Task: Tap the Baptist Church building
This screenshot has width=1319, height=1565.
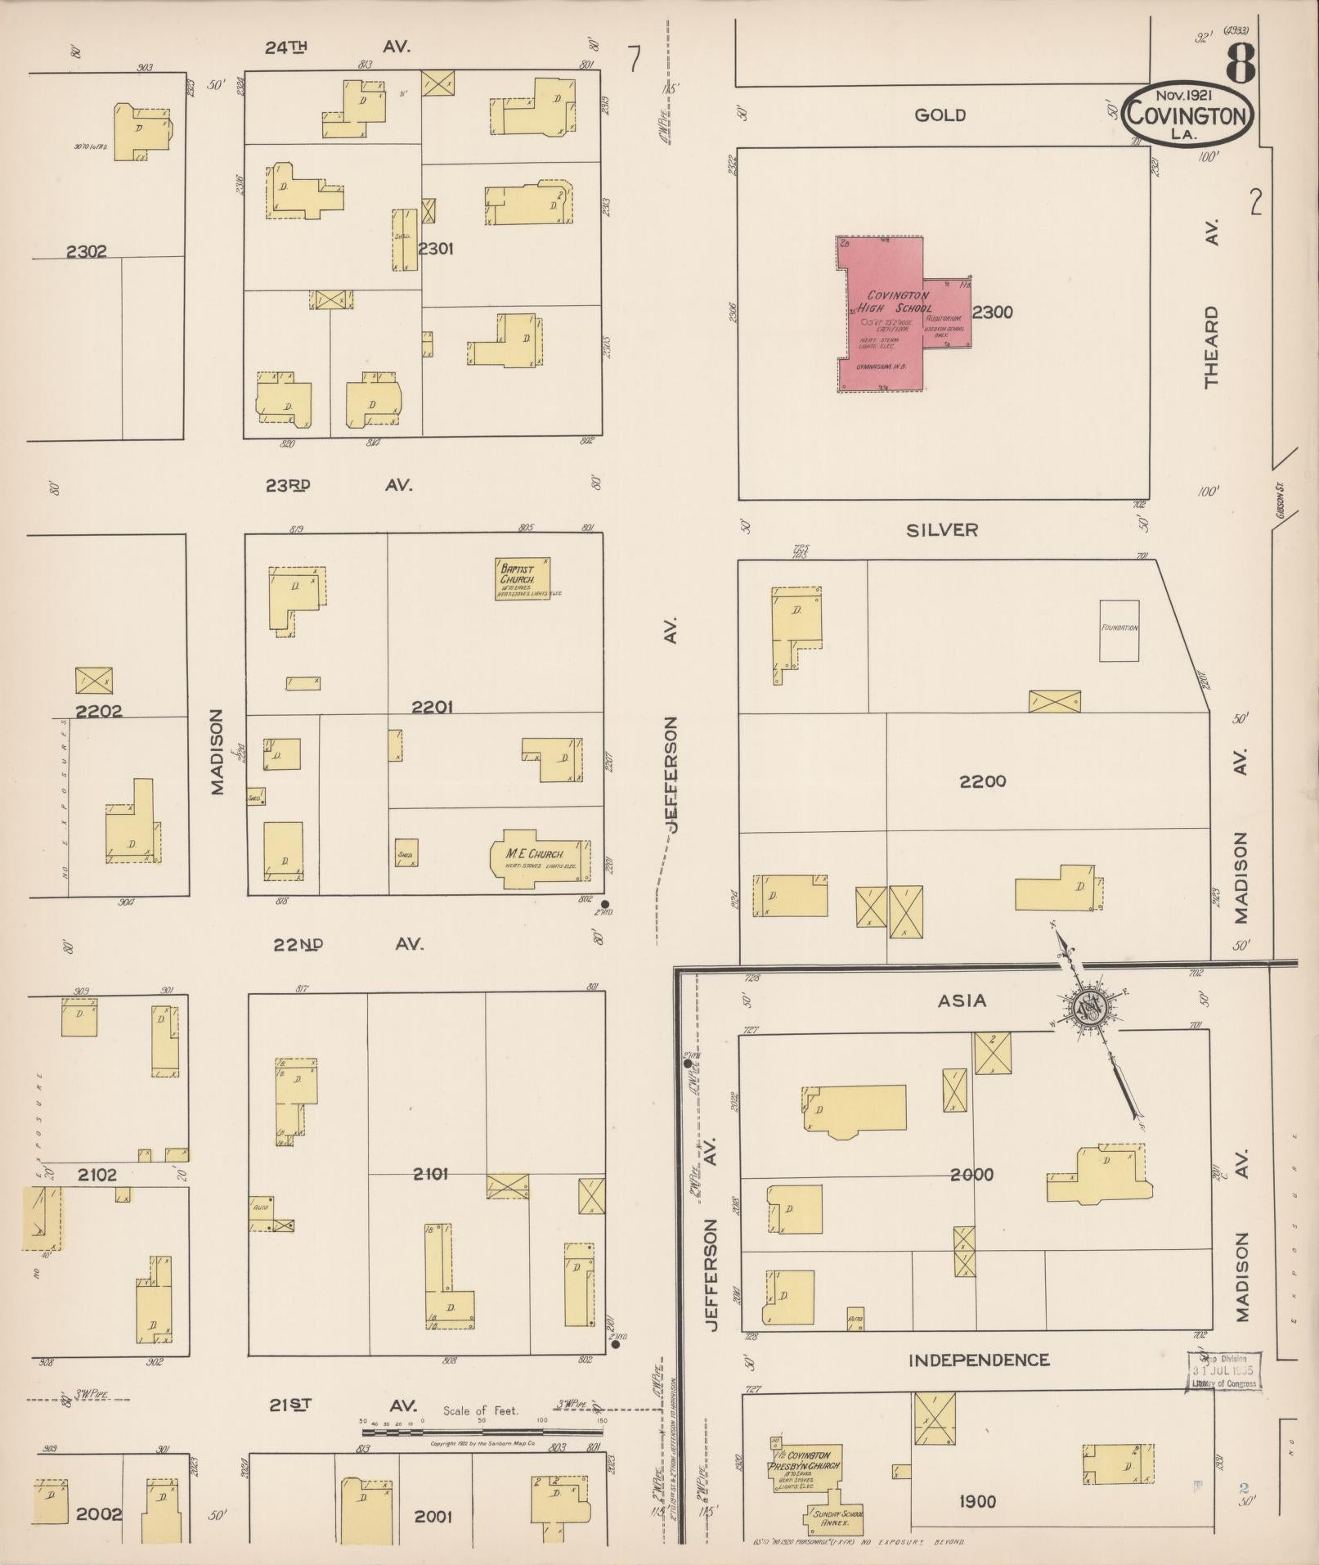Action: click(x=522, y=578)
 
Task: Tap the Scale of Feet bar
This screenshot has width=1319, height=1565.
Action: click(x=482, y=1432)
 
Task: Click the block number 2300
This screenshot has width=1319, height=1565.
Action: click(x=993, y=312)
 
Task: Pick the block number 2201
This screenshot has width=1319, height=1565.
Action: click(x=433, y=707)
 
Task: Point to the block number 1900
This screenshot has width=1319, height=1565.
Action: click(x=977, y=1501)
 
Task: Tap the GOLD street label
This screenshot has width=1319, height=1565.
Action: click(x=940, y=115)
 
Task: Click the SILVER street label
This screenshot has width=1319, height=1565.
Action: click(x=942, y=530)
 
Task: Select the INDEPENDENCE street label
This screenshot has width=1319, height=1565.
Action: click(x=979, y=1360)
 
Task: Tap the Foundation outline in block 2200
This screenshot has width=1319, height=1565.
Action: click(x=1119, y=631)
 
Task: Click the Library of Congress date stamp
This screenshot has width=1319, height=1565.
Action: click(x=1223, y=1371)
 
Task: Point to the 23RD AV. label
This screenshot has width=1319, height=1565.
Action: click(x=338, y=485)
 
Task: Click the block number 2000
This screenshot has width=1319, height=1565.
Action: click(x=972, y=1175)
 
